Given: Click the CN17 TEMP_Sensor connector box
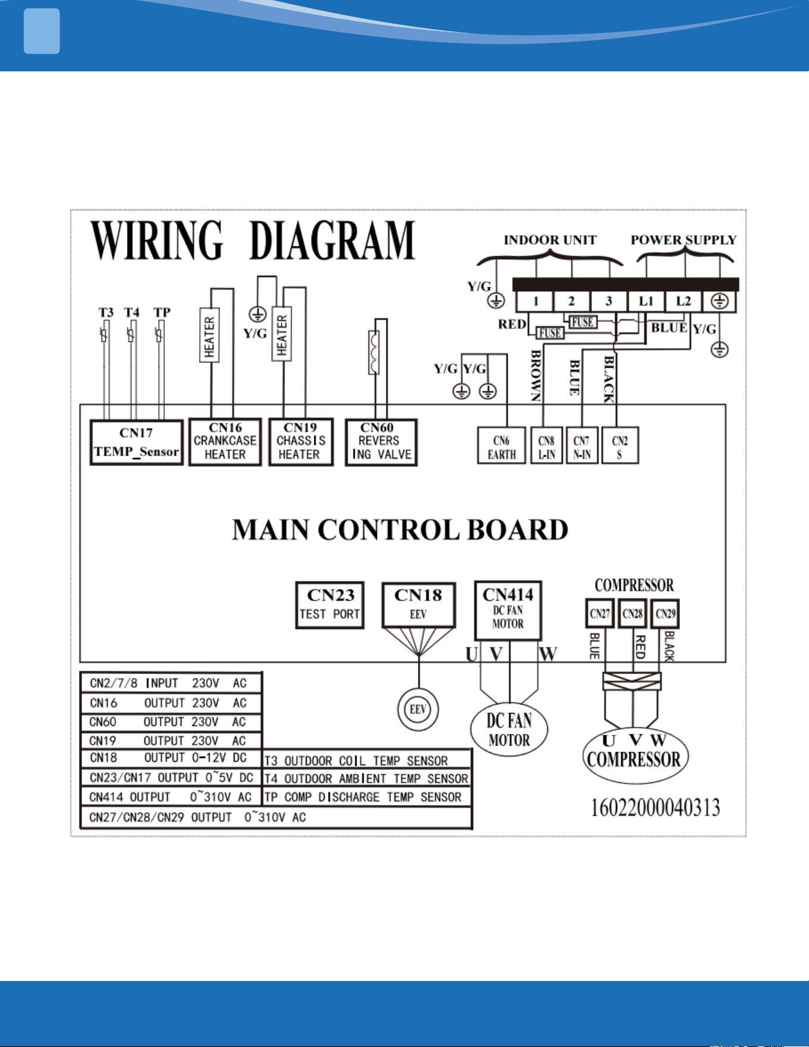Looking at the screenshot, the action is (136, 442).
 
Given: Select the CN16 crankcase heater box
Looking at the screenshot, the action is (225, 442).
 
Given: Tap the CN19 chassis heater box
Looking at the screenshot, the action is (301, 442).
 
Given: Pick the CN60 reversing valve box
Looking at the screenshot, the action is (381, 442).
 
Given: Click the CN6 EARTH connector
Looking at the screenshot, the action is (502, 445).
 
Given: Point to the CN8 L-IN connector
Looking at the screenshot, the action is (546, 445).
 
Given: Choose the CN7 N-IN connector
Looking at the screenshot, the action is (582, 445).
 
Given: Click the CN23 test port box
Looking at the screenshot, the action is (330, 605).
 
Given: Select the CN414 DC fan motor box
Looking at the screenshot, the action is (508, 611).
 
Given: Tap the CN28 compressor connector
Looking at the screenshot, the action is (632, 614).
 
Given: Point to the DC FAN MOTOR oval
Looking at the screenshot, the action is (509, 730).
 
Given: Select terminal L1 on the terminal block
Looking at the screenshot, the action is (646, 301).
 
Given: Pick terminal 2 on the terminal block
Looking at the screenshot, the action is (571, 301).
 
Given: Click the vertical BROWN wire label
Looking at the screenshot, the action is (536, 376).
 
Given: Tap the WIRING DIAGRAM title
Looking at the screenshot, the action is (253, 240).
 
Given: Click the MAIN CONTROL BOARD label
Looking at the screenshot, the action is (400, 530).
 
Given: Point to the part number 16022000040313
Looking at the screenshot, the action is (656, 807).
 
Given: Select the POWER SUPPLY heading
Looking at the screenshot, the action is (684, 240).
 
